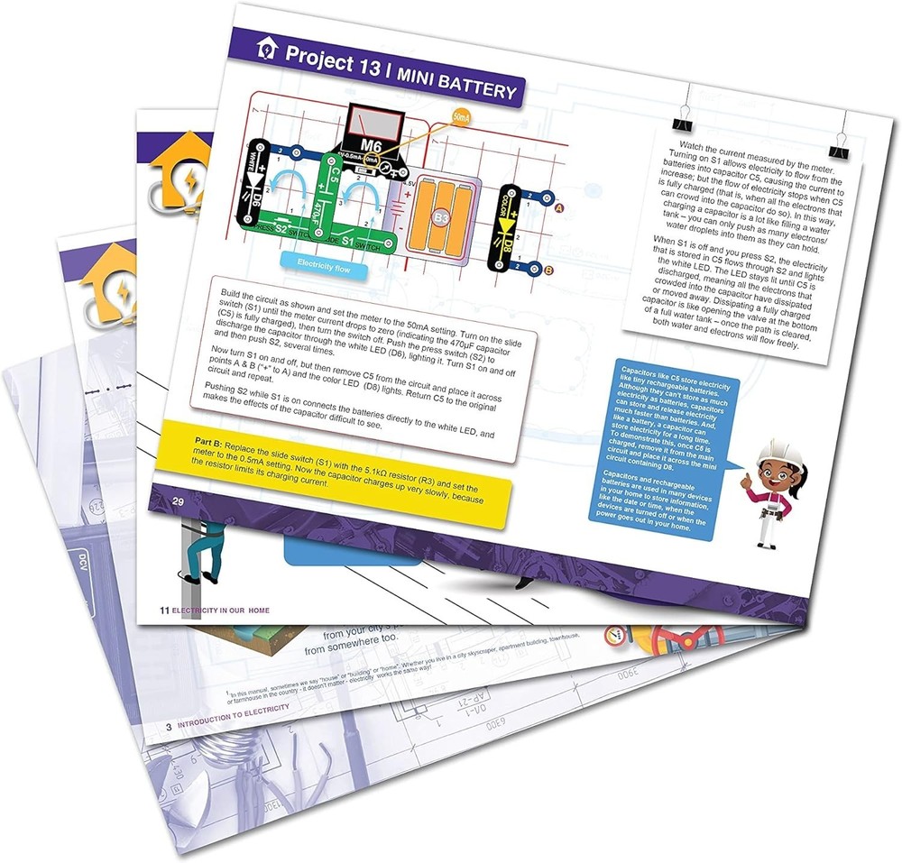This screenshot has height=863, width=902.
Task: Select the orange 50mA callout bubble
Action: tap(461, 119)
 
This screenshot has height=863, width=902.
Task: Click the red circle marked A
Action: tap(558, 209)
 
